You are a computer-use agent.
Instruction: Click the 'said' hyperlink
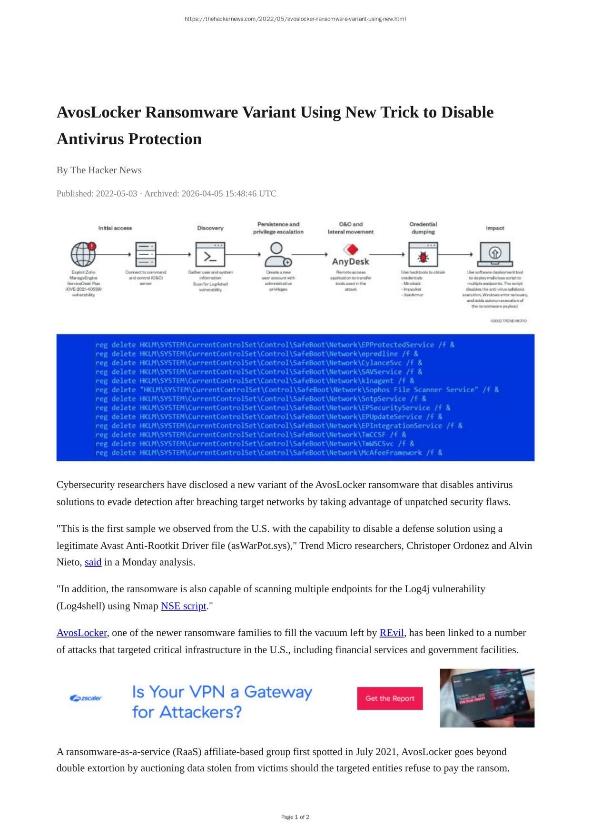(93, 562)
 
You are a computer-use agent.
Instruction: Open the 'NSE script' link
(183, 606)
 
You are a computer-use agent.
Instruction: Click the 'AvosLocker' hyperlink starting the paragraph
(81, 633)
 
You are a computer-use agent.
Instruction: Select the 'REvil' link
(391, 633)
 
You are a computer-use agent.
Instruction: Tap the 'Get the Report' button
(390, 698)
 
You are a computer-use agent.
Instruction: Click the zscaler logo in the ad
(86, 698)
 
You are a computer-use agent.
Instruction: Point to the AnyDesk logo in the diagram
(350, 255)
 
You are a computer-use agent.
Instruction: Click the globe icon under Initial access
(83, 253)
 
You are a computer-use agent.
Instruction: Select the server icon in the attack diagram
(145, 254)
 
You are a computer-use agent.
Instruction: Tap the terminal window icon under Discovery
(210, 254)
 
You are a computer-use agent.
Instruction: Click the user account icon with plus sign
(277, 254)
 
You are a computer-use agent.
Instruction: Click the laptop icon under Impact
(495, 254)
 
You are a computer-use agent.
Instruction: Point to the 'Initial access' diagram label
(115, 228)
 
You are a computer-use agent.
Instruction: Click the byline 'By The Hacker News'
(99, 170)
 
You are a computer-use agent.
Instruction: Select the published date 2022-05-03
(116, 194)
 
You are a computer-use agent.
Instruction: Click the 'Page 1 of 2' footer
(295, 817)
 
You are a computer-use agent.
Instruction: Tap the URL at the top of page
(295, 19)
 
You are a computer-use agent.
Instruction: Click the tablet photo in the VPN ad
(486, 698)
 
